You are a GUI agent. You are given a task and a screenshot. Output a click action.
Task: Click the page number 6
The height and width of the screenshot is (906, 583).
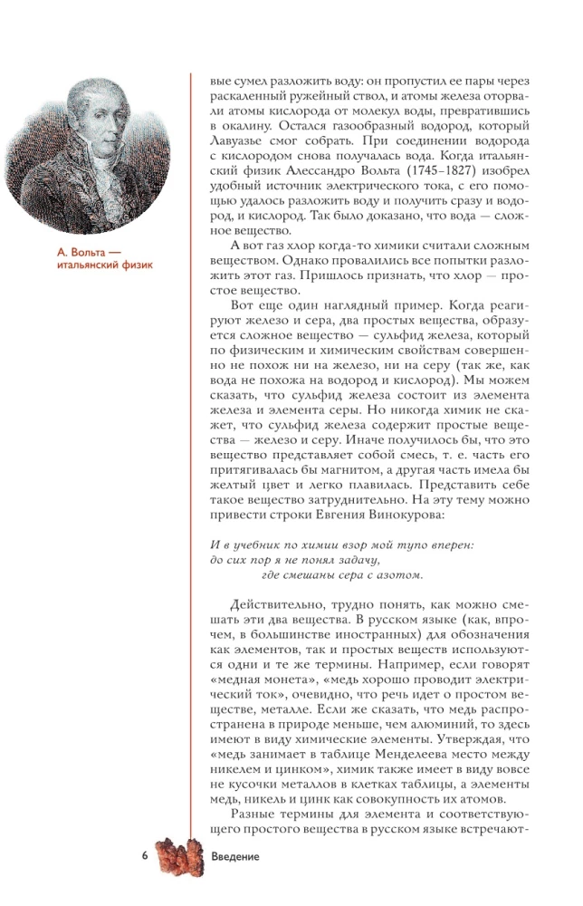[x=145, y=856]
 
